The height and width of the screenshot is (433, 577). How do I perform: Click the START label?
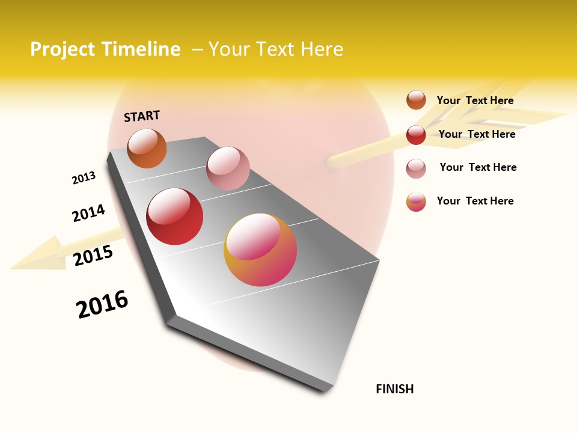(x=142, y=116)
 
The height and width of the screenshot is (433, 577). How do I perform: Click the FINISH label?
(x=394, y=389)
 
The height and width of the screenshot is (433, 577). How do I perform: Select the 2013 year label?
(x=84, y=178)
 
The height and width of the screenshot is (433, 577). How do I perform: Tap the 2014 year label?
(x=88, y=213)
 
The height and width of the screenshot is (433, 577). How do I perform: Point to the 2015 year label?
(x=93, y=256)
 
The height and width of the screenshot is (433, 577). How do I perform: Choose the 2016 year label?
(x=102, y=304)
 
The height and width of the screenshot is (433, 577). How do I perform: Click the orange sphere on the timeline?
(x=147, y=149)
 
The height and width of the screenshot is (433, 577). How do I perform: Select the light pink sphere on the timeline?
(x=228, y=168)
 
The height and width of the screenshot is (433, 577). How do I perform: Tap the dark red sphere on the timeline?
(x=175, y=216)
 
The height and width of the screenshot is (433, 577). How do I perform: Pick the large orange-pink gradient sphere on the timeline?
(x=260, y=250)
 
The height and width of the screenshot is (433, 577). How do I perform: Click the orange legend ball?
(x=416, y=100)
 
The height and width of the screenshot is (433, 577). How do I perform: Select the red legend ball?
(x=416, y=135)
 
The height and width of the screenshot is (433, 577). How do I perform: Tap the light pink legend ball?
(x=416, y=168)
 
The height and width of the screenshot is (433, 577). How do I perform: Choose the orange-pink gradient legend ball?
(x=416, y=201)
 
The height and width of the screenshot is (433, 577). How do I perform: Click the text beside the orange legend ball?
(x=475, y=100)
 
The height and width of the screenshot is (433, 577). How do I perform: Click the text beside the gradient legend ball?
(x=475, y=201)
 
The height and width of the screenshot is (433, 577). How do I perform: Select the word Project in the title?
(x=63, y=49)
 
